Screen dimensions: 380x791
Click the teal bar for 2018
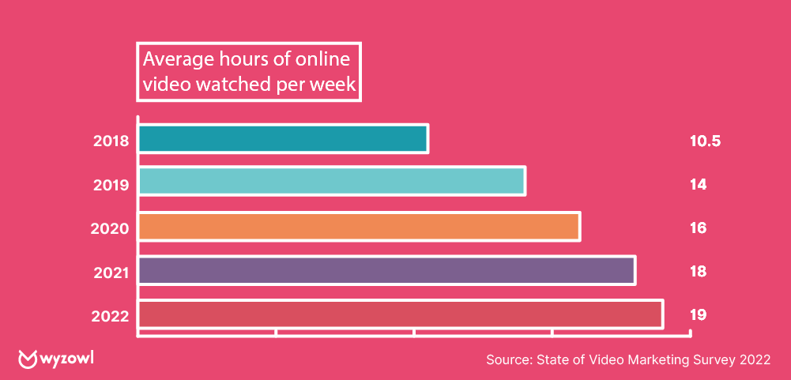click(x=283, y=138)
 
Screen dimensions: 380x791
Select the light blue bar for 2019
click(x=332, y=181)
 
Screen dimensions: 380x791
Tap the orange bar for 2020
click(x=360, y=226)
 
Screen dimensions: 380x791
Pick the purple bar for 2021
click(x=387, y=270)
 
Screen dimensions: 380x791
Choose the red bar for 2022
click(x=401, y=314)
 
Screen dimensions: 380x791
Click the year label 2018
click(x=111, y=142)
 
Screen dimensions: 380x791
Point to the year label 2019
click(x=111, y=185)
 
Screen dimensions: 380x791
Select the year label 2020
click(x=111, y=228)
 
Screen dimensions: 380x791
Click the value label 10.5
click(x=706, y=142)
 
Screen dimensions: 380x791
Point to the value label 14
click(x=697, y=185)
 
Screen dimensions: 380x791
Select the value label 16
click(x=697, y=228)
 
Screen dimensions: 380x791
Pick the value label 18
click(x=697, y=272)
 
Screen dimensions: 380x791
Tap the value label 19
click(x=697, y=315)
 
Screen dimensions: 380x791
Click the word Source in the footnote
click(x=509, y=360)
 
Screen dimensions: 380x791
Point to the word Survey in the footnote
click(x=714, y=360)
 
